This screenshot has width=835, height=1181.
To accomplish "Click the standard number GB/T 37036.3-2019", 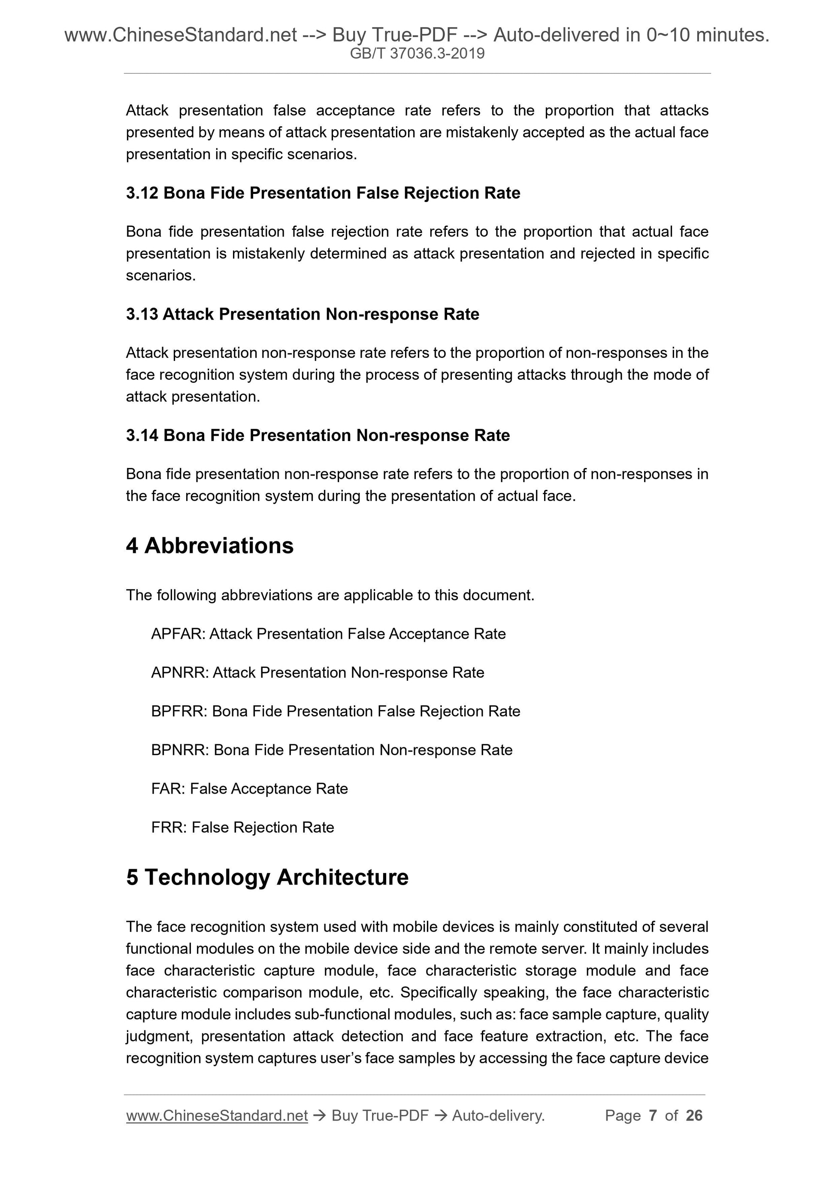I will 417,54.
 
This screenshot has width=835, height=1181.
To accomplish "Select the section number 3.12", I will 142,193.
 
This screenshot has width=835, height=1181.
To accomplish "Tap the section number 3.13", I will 142,314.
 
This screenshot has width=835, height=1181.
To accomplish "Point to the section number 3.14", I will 142,436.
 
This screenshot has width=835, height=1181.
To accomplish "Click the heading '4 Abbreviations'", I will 209,546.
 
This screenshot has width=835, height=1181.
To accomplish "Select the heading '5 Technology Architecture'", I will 267,878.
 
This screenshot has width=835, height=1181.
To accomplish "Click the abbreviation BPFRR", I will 179,711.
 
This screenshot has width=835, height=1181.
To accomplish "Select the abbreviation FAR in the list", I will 168,789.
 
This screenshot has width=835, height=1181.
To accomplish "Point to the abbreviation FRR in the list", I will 169,828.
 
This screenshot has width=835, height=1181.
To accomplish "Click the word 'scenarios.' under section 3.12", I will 160,276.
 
